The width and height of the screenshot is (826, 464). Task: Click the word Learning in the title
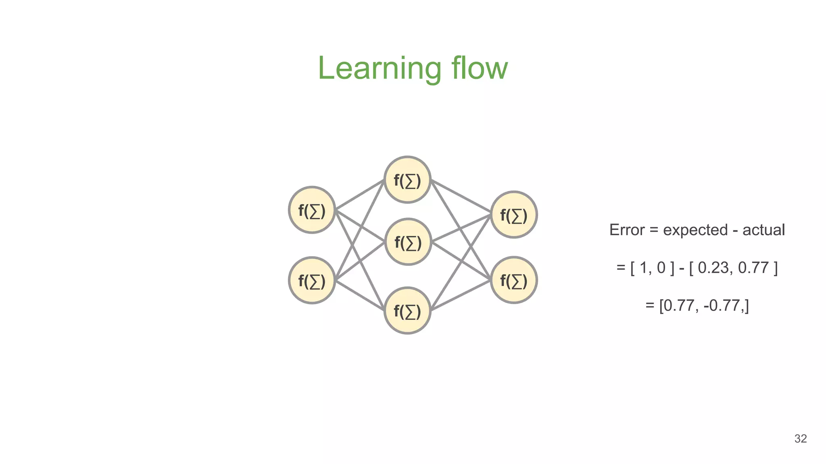379,68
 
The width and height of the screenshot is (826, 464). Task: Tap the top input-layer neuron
312,210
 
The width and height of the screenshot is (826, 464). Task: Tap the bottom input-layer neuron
312,280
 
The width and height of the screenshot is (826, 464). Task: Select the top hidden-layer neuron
407,180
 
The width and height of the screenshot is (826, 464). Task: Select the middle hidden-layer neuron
408,242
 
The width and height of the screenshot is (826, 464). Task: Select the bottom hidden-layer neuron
407,311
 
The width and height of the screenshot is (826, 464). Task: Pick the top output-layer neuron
514,215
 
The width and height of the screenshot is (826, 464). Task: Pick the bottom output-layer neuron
514,280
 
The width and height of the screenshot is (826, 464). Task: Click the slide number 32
800,439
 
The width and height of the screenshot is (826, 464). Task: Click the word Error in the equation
627,230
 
